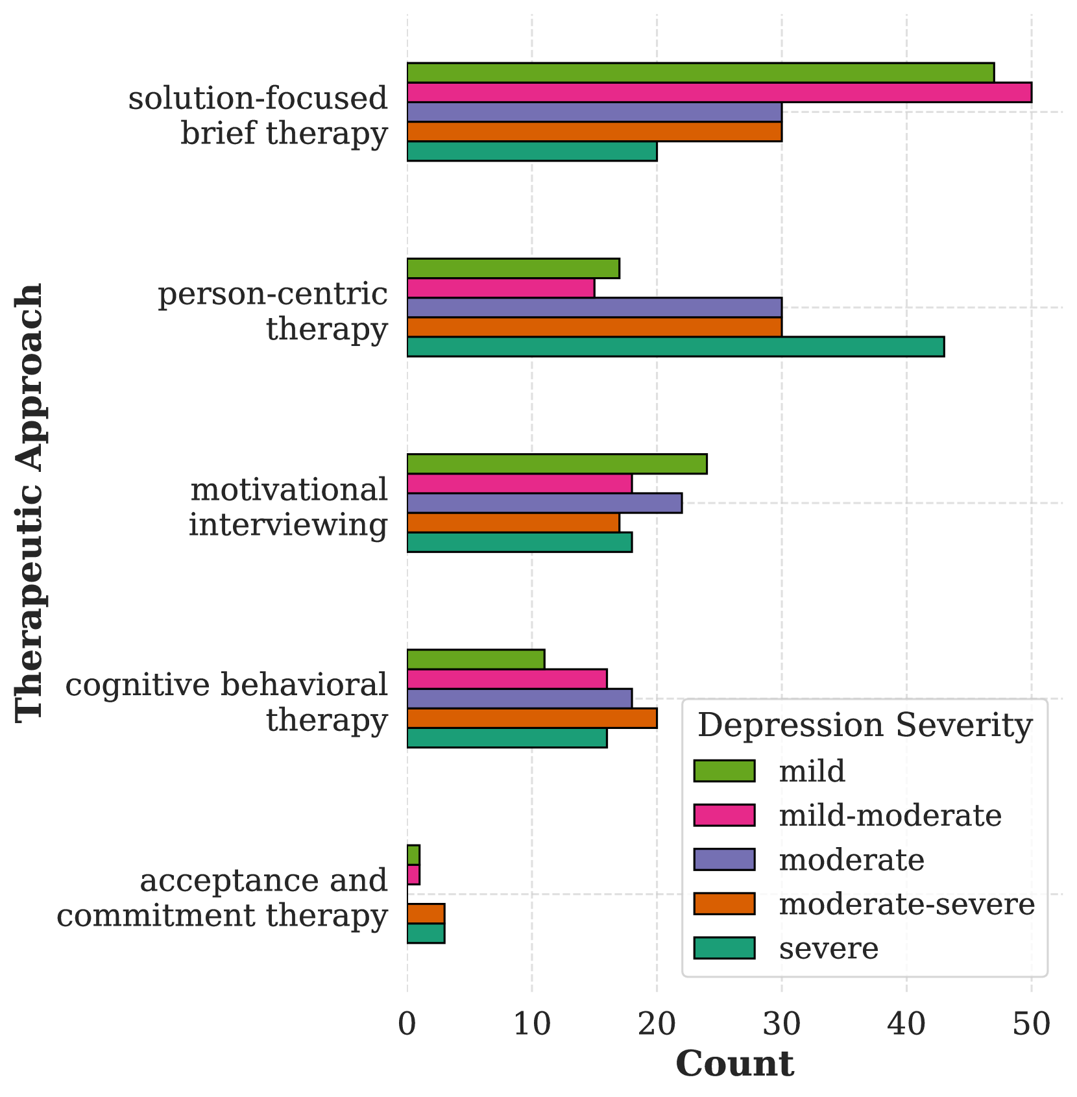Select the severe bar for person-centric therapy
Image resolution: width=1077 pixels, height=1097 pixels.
click(675, 347)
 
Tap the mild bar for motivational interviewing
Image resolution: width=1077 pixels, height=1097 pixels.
click(557, 464)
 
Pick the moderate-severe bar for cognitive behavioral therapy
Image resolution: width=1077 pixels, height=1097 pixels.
click(532, 719)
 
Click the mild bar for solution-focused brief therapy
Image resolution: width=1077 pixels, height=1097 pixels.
click(701, 73)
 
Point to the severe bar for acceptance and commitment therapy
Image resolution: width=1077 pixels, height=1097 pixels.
click(426, 933)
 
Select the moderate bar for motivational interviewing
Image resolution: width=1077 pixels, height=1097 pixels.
click(544, 503)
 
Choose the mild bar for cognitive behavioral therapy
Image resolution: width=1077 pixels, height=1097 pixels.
click(476, 659)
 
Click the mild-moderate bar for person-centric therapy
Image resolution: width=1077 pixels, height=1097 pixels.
click(501, 288)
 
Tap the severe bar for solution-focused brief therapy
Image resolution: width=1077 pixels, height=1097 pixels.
click(532, 151)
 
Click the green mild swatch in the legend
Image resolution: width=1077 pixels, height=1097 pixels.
click(724, 771)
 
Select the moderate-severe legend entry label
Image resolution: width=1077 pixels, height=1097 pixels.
click(906, 904)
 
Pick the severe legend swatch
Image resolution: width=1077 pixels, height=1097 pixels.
click(724, 948)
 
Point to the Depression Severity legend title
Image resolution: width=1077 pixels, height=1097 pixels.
click(864, 725)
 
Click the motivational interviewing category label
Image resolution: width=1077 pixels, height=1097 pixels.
click(289, 507)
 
